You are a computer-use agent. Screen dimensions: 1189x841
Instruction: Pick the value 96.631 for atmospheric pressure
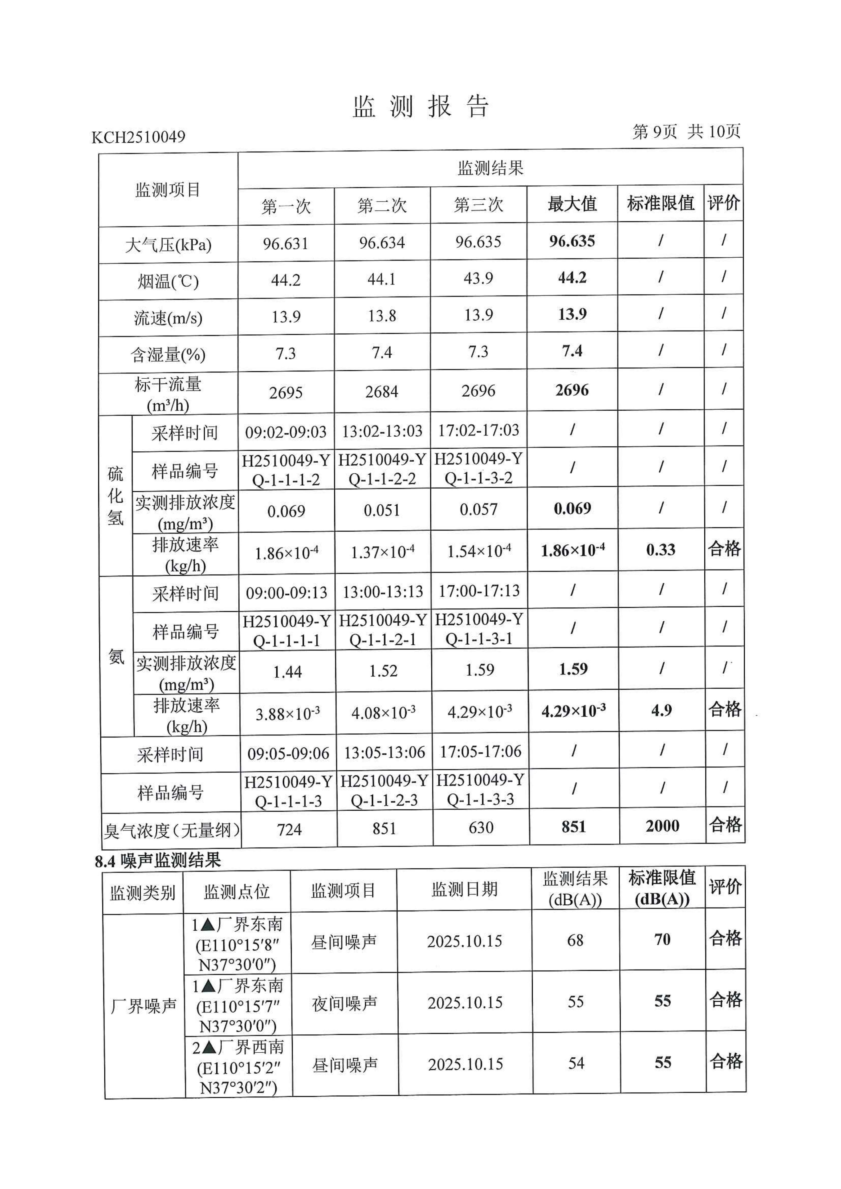pos(285,243)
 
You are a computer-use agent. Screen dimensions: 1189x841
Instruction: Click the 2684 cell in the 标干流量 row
pos(382,392)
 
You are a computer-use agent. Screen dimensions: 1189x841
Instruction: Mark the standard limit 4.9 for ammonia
pos(661,710)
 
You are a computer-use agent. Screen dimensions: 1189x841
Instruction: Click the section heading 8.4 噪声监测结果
pos(158,861)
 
